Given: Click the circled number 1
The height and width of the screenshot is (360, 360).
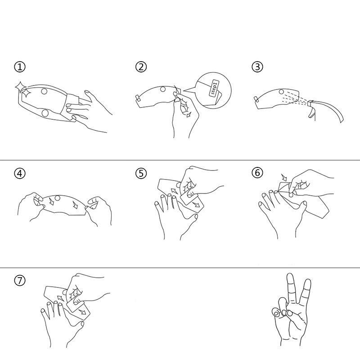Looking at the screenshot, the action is [20, 67].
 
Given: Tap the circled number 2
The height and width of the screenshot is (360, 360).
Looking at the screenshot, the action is [141, 67].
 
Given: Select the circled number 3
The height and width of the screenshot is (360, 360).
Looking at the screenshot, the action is [257, 67].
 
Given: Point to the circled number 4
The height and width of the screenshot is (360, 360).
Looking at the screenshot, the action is [20, 173].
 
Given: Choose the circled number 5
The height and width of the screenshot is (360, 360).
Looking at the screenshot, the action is [141, 173].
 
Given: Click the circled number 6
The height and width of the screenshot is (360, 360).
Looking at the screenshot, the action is [257, 172].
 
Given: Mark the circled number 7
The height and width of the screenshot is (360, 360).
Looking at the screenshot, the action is [20, 280].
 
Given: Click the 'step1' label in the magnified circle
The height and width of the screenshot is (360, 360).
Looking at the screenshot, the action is [214, 88].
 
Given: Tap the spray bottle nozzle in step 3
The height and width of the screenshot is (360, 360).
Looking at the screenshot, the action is [310, 103].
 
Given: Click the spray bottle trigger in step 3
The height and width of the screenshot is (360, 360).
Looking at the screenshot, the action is [311, 113].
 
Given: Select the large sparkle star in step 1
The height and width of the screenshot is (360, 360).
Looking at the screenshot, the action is [19, 87].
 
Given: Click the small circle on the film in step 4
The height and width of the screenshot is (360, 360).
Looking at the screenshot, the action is [58, 198].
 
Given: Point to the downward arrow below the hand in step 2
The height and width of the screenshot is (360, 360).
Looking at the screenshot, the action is [189, 114].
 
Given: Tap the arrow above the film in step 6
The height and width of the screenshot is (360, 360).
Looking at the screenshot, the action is [284, 177].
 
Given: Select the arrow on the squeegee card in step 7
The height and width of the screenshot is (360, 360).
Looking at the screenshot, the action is [82, 311].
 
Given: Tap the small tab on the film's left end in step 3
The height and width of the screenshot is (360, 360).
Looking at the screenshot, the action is [256, 99].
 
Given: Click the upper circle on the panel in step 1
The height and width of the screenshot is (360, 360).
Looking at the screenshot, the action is [44, 91].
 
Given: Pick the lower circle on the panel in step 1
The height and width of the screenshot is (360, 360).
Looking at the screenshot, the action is [45, 113].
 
